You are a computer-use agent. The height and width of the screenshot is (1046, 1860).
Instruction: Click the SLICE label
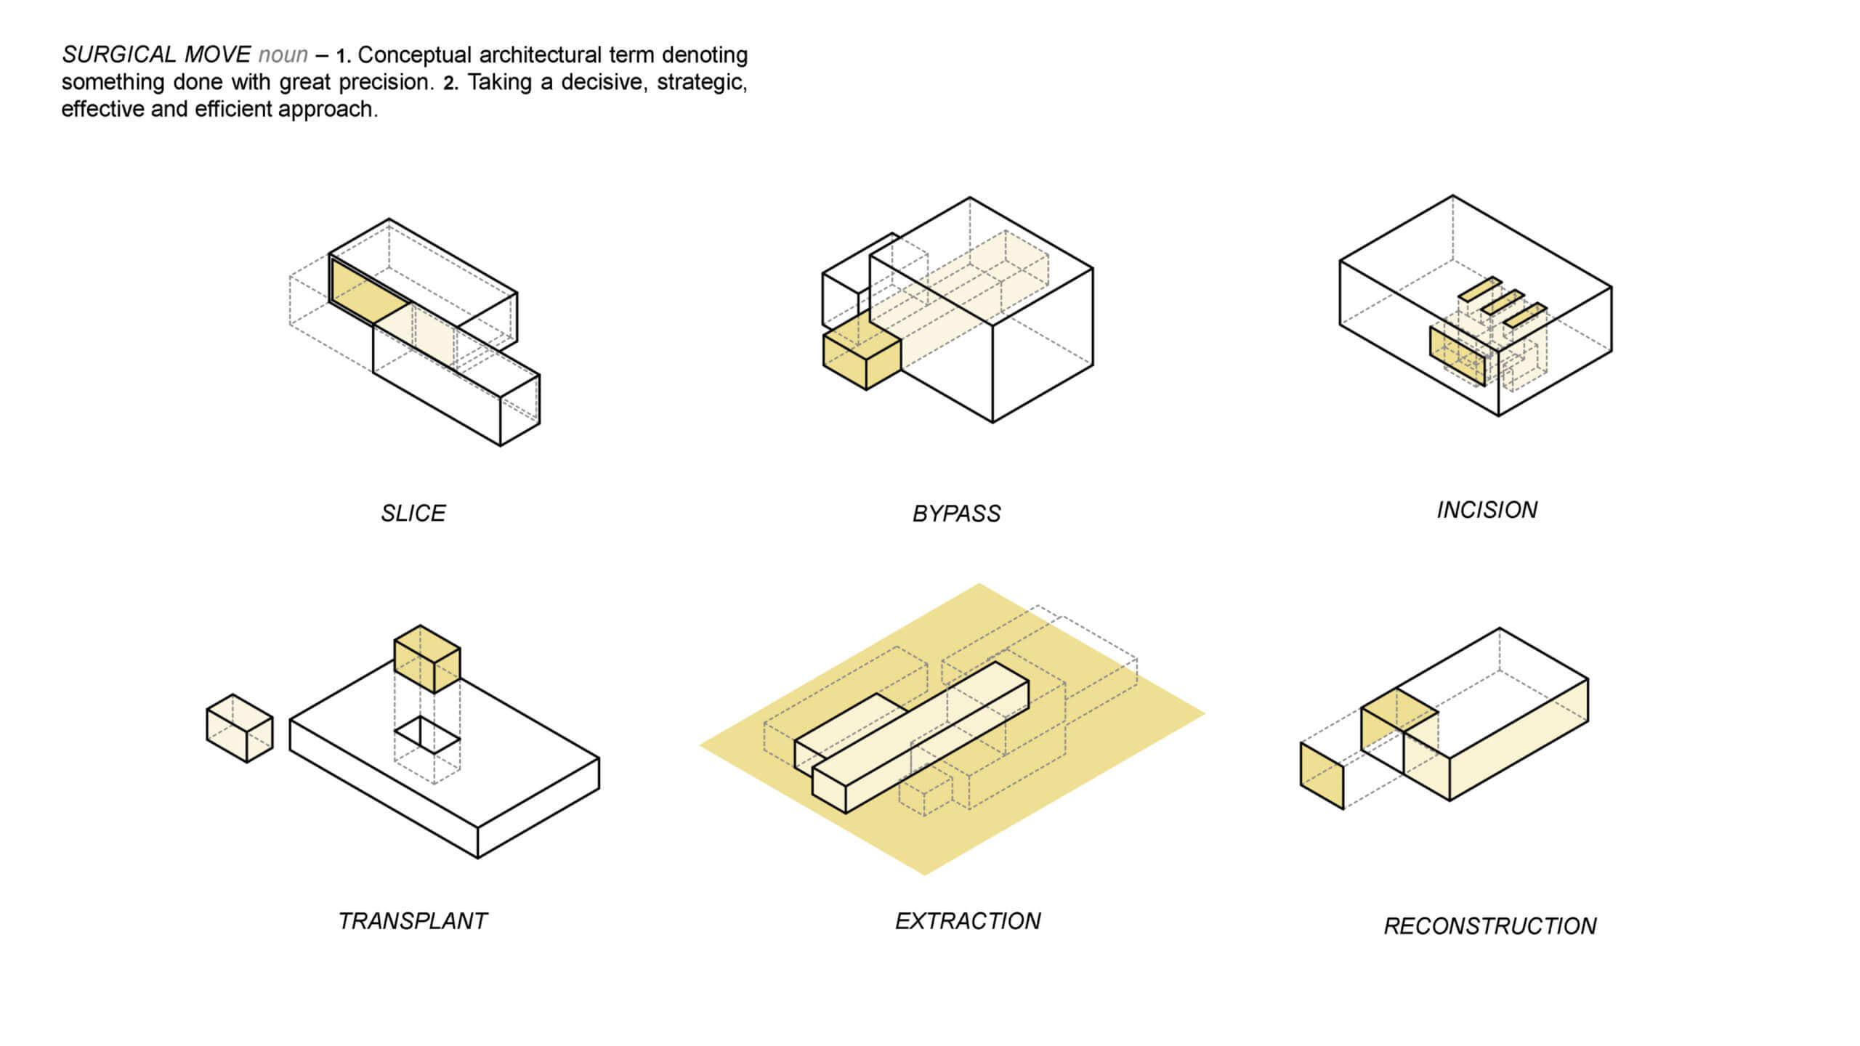(x=413, y=514)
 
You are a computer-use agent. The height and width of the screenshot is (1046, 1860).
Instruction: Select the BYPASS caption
(x=956, y=514)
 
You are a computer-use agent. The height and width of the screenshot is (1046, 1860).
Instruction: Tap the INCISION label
(x=1487, y=510)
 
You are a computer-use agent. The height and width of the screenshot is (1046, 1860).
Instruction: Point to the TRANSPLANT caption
(x=413, y=921)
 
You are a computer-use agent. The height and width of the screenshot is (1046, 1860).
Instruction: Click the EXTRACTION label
(x=968, y=921)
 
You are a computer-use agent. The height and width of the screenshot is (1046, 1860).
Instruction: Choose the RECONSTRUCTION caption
(x=1489, y=926)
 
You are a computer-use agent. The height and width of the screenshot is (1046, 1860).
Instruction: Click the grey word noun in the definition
(x=283, y=55)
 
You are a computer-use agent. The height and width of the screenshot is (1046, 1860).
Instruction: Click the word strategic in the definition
(x=700, y=82)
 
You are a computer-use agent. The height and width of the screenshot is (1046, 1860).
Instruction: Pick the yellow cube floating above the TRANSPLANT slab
(x=427, y=659)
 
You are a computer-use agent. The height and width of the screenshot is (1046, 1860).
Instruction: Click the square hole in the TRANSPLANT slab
(x=427, y=735)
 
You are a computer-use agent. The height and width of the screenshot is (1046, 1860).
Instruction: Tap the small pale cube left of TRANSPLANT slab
(x=240, y=729)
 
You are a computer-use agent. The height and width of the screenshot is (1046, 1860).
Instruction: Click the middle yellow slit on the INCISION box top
(x=1502, y=302)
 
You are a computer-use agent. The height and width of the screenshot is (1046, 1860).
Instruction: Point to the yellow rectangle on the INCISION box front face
(x=1457, y=356)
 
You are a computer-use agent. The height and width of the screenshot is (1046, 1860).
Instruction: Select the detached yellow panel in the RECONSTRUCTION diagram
(x=1322, y=776)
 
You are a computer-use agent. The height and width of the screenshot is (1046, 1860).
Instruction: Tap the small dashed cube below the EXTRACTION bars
(x=925, y=792)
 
